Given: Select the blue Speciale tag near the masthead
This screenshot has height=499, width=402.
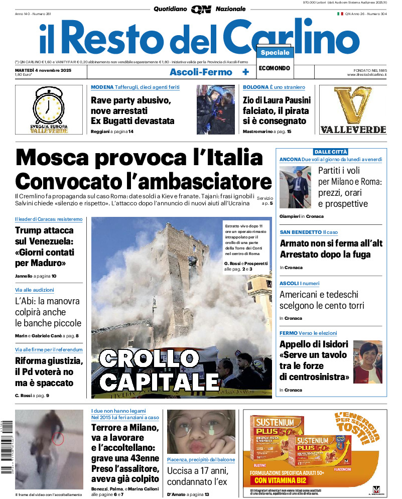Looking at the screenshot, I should click(275, 53).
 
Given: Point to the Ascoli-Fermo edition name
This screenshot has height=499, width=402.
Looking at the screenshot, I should click(201, 72).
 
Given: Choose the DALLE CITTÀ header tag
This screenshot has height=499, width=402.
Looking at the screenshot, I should click(331, 152).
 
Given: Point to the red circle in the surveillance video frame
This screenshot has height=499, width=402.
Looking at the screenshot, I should click(58, 439).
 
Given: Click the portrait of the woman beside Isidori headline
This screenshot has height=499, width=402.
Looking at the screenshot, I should click(367, 361).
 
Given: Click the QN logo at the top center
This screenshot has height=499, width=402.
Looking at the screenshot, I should click(201, 9).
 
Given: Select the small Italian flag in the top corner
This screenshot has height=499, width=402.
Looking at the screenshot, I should click(340, 14).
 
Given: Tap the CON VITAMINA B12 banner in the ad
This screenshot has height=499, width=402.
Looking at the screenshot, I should click(278, 480).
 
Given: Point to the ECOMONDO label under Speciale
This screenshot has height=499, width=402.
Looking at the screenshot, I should click(275, 68).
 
